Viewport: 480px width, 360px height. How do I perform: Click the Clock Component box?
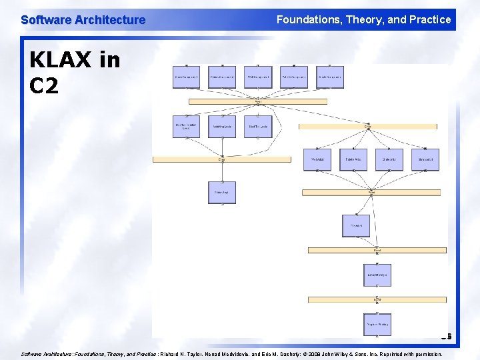(186, 77)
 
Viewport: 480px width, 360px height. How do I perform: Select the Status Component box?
(222, 77)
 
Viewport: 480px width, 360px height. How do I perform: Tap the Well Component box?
(258, 77)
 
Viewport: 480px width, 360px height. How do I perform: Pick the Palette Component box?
(294, 77)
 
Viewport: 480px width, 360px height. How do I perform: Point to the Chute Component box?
(330, 77)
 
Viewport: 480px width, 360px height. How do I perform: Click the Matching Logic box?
(222, 126)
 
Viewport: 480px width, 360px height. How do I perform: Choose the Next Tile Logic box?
(258, 126)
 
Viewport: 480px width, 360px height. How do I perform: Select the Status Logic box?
(222, 192)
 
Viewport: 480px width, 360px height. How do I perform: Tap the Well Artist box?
(317, 159)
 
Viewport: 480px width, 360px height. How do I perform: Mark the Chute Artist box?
(389, 159)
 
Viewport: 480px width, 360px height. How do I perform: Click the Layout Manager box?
(377, 275)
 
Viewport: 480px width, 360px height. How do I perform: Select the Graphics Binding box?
(377, 324)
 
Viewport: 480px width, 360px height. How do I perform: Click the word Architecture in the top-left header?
(109, 20)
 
